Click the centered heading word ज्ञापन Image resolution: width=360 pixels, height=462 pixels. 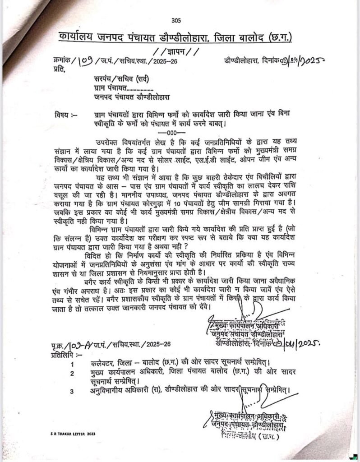[x=175, y=50]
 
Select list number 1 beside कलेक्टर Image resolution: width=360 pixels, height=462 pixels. [x=72, y=363]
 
